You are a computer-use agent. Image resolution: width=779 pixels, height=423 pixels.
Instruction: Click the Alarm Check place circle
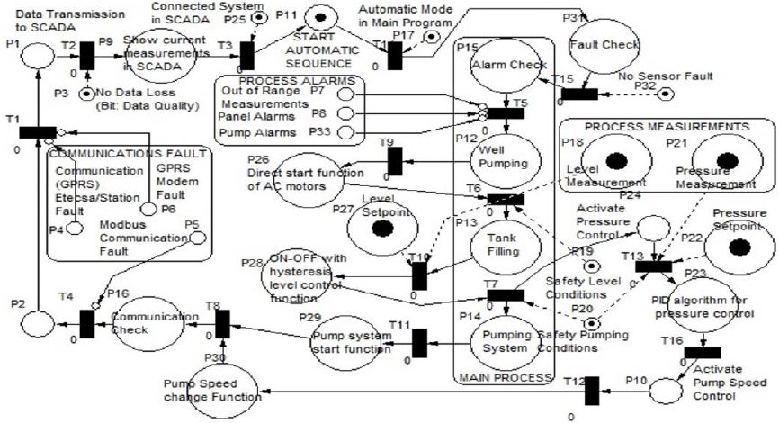point(497,65)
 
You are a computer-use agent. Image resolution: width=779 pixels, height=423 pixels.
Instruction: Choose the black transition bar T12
point(591,391)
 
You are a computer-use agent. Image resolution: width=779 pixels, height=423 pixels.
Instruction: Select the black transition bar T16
point(695,352)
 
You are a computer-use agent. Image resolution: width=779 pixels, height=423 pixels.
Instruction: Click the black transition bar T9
point(393,160)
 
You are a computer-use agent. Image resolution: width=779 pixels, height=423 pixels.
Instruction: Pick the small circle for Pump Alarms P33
point(352,133)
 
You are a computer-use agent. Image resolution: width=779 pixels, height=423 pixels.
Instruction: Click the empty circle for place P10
point(667,391)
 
